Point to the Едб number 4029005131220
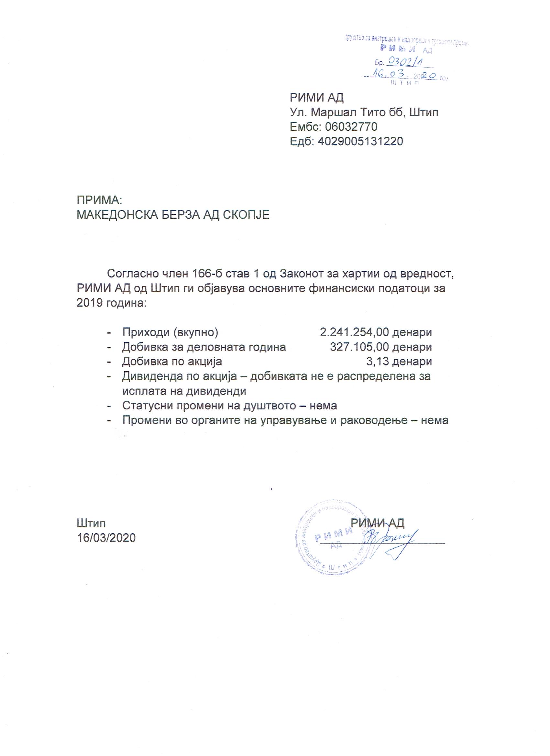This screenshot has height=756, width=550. tap(360, 141)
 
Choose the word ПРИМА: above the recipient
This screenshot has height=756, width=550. tap(100, 200)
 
